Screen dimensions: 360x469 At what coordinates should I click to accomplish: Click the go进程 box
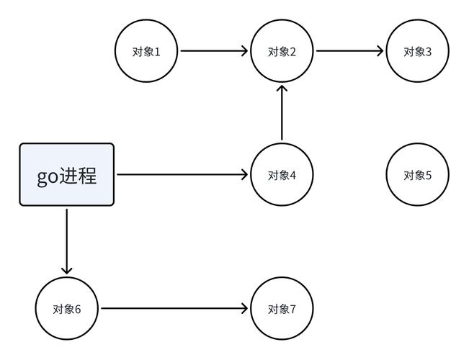point(66,175)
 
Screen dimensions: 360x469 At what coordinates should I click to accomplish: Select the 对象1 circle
point(146,51)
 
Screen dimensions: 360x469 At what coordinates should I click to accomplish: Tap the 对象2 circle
point(282,51)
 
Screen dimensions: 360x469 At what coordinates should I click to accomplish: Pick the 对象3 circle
point(417,51)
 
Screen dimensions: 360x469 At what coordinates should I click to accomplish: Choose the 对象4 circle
point(282,175)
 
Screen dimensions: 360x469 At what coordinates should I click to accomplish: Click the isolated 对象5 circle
point(417,175)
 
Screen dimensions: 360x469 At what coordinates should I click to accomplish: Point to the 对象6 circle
point(67,309)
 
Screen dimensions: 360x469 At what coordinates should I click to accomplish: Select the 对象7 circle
point(282,309)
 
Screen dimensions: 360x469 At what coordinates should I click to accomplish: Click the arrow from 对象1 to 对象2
point(213,51)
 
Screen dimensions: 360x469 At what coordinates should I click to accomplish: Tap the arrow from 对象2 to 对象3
point(349,51)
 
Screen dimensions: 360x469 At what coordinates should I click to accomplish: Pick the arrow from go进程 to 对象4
point(182,175)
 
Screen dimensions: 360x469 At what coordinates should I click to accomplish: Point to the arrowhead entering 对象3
point(380,51)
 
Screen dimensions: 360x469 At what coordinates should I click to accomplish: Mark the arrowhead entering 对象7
point(245,309)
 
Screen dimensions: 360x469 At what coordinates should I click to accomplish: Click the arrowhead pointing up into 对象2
point(282,89)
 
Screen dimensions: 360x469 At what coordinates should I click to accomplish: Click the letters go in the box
point(48,176)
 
